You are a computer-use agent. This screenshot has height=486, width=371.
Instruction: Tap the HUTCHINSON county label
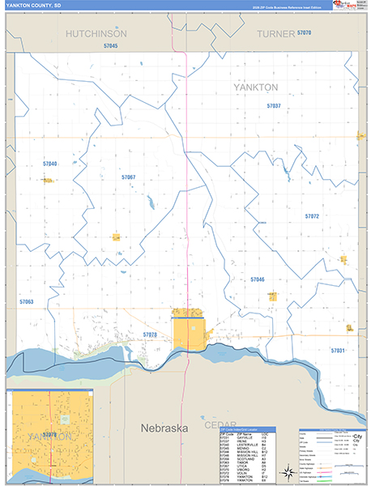click(96, 34)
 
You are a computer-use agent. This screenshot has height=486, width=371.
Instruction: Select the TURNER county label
click(274, 34)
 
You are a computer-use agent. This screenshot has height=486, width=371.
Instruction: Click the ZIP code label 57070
click(305, 32)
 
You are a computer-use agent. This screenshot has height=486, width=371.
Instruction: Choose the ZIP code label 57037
click(273, 106)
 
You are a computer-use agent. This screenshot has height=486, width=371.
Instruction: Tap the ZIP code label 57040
click(49, 164)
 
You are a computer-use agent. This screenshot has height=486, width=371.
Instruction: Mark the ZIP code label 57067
click(128, 177)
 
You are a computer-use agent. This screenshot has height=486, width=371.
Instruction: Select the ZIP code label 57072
click(312, 216)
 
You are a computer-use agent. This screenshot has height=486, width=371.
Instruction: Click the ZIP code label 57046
click(258, 279)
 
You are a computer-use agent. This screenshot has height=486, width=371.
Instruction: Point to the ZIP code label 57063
click(26, 301)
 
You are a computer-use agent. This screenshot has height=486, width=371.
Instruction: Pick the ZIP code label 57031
click(337, 350)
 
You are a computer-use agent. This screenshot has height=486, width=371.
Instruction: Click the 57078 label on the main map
click(149, 335)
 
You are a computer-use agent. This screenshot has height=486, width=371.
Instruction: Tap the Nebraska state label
click(164, 427)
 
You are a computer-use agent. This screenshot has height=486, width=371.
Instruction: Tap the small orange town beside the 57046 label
click(272, 296)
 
